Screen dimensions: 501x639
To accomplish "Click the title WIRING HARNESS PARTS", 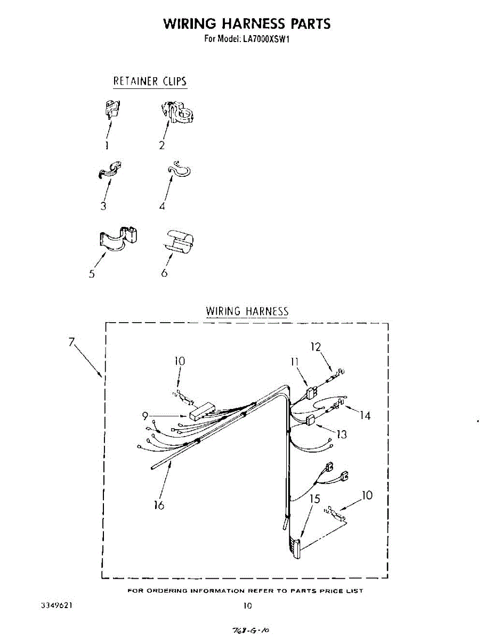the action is pyautogui.click(x=247, y=23).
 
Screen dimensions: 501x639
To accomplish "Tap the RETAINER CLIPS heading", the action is pyautogui.click(x=150, y=81).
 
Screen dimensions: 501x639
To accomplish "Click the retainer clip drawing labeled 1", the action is pyautogui.click(x=111, y=109).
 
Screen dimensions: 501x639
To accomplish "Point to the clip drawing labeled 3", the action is pyautogui.click(x=110, y=169).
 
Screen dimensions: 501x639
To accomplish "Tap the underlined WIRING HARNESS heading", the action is pyautogui.click(x=247, y=311).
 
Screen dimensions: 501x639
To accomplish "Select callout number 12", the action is pyautogui.click(x=316, y=347).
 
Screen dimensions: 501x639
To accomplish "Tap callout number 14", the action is pyautogui.click(x=365, y=415).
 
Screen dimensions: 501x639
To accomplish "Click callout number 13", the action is pyautogui.click(x=342, y=434).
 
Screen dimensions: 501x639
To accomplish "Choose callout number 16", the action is pyautogui.click(x=159, y=505).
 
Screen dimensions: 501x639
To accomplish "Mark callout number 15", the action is pyautogui.click(x=315, y=499).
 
